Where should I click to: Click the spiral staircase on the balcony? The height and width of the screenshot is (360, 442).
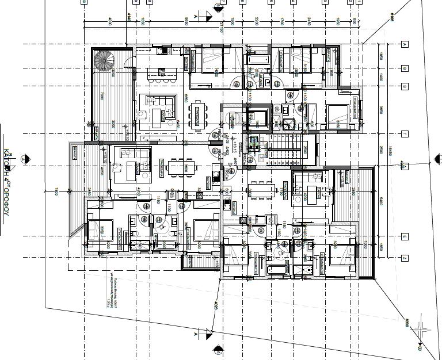click(x=105, y=60)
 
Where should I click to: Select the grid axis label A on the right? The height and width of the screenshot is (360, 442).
click(x=405, y=44)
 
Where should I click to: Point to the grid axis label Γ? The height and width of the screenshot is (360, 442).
click(x=405, y=133)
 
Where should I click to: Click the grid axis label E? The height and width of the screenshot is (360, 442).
click(x=405, y=236)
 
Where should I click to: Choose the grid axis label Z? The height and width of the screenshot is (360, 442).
click(x=405, y=258)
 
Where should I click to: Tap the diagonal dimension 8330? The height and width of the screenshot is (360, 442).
click(x=406, y=323)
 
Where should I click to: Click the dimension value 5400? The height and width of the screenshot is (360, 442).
click(x=380, y=201)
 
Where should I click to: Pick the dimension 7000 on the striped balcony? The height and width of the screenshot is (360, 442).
click(x=101, y=95)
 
